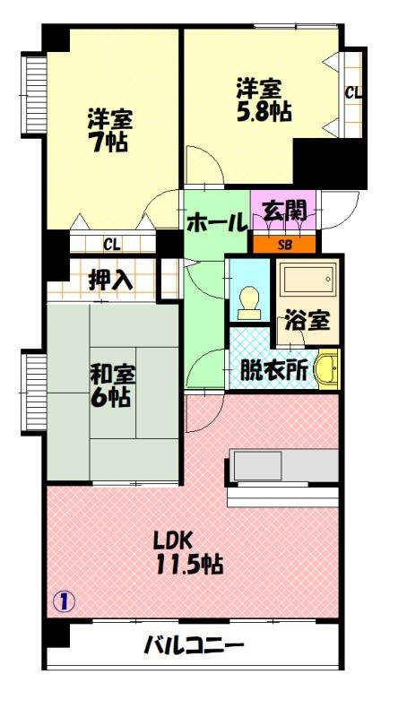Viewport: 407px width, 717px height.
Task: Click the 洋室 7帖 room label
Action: click(107, 130)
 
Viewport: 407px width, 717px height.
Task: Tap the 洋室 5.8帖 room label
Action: click(259, 100)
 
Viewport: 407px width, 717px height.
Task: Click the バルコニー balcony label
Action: click(194, 645)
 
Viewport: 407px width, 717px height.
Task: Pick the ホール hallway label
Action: click(216, 221)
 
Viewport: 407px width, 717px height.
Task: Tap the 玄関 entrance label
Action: click(284, 212)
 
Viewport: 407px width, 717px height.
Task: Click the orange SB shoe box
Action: click(284, 244)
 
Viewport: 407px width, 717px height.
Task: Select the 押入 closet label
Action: click(111, 279)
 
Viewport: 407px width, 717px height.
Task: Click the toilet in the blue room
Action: click(249, 302)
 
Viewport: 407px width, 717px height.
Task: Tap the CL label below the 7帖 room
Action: click(112, 243)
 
